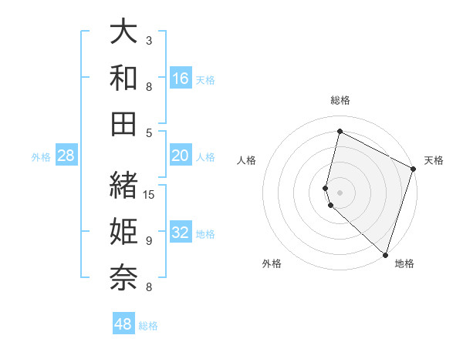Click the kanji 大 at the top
pyautogui.click(x=124, y=32)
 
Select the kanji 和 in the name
pyautogui.click(x=124, y=78)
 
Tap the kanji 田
pyautogui.click(x=124, y=123)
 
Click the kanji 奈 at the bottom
pyautogui.click(x=124, y=275)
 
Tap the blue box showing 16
pyautogui.click(x=181, y=79)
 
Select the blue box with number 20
pyautogui.click(x=181, y=156)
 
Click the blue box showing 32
pyautogui.click(x=181, y=233)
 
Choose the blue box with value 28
pyautogui.click(x=66, y=156)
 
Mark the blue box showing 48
pyautogui.click(x=123, y=324)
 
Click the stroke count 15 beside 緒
pyautogui.click(x=150, y=194)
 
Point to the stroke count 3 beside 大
pyautogui.click(x=149, y=40)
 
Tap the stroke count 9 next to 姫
pyautogui.click(x=149, y=241)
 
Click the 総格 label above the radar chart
pyautogui.click(x=340, y=100)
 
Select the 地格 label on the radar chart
pyautogui.click(x=404, y=263)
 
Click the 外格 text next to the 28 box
pyautogui.click(x=41, y=157)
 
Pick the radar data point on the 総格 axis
pyautogui.click(x=340, y=132)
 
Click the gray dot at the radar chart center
pyautogui.click(x=340, y=192)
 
